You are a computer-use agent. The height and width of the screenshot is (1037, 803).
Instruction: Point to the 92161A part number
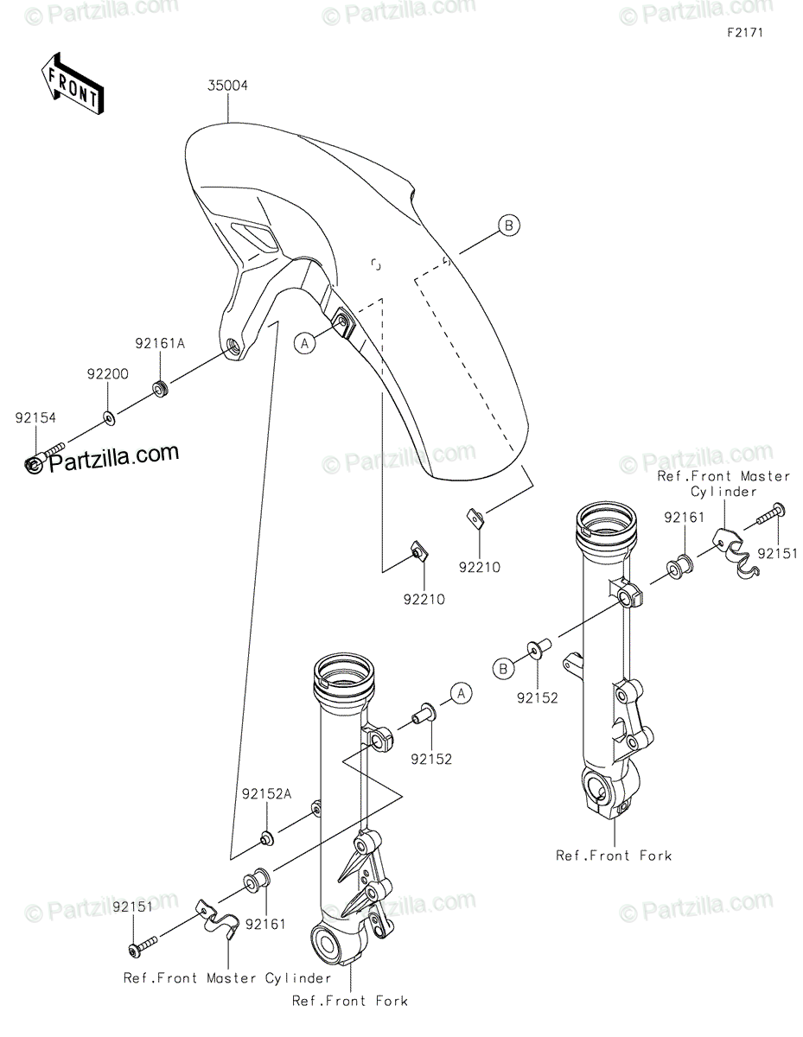[160, 342]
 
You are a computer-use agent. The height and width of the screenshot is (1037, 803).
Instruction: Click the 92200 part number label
[107, 375]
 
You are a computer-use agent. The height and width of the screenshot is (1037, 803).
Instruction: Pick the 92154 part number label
[35, 417]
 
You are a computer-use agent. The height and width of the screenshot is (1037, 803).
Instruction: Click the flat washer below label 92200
[109, 418]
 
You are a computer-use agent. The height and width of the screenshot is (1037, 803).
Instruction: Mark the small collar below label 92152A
[267, 837]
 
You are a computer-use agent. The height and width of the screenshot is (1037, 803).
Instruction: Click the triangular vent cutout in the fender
[253, 233]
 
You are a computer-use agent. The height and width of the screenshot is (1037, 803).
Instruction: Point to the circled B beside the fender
[509, 226]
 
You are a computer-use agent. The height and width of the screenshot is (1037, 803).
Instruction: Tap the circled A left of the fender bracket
[303, 343]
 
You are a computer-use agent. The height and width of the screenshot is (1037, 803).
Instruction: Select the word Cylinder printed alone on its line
[723, 491]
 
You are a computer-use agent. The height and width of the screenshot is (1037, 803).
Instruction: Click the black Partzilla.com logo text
[112, 456]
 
